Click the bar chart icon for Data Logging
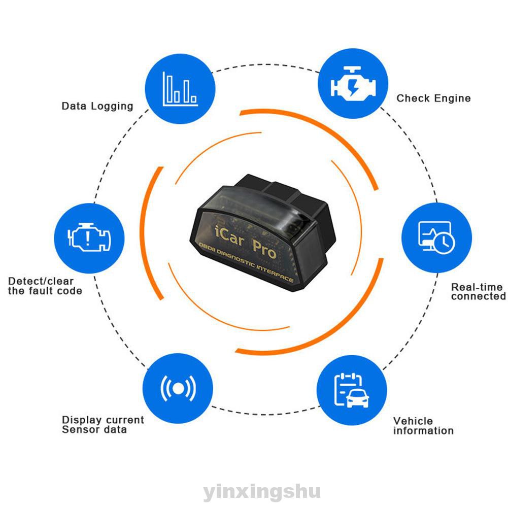[x=179, y=89]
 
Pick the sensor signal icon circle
[x=178, y=389]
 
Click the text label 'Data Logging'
[x=97, y=106]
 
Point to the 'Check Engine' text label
[x=433, y=98]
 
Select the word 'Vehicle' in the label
[x=413, y=421]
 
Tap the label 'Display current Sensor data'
[x=103, y=425]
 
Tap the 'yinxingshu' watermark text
[x=254, y=492]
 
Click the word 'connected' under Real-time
[x=478, y=296]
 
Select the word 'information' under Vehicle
[x=423, y=431]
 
